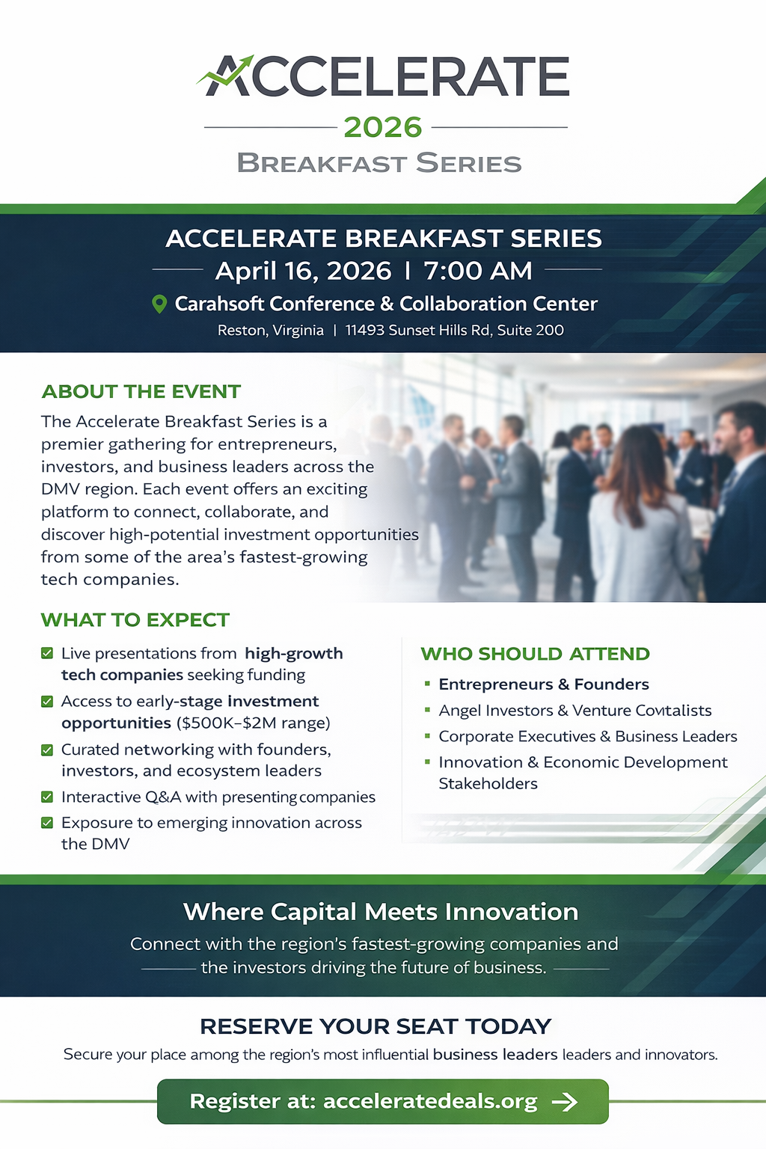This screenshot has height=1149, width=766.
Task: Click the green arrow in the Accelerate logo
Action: [226, 71]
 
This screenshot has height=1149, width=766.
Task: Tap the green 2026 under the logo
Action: [383, 127]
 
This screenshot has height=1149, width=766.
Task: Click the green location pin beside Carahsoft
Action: [159, 304]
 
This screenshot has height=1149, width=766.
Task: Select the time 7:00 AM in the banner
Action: [478, 271]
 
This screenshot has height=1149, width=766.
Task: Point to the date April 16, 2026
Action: [303, 271]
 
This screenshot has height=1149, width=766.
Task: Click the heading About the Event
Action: [141, 391]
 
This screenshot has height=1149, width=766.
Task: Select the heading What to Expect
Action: [135, 619]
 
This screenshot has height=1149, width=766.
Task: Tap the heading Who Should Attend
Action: [535, 654]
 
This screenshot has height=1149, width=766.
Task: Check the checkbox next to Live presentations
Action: [47, 653]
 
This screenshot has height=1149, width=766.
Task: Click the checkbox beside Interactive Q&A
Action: [47, 797]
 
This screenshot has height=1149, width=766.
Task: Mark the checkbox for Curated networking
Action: [47, 750]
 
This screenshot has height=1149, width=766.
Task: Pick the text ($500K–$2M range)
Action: [254, 723]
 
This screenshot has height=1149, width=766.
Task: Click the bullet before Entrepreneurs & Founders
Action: [427, 684]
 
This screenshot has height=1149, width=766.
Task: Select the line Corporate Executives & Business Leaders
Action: [588, 736]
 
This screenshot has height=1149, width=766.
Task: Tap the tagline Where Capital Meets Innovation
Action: [381, 912]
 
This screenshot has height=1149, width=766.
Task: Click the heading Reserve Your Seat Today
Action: [376, 1026]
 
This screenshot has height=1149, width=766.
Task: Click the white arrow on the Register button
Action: [565, 1101]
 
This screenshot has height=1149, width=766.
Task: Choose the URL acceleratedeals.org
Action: [430, 1101]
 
